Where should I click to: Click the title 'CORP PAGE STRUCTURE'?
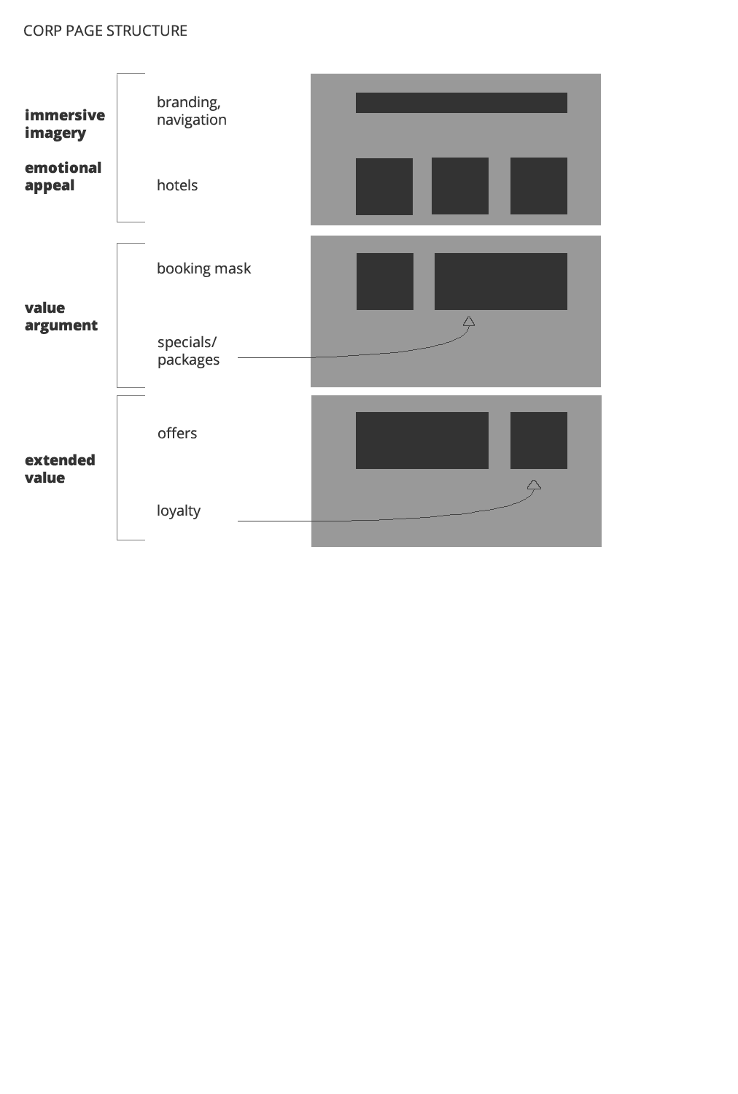pyautogui.click(x=105, y=31)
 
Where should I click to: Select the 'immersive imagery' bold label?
pyautogui.click(x=64, y=124)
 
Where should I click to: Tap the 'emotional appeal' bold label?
pyautogui.click(x=63, y=176)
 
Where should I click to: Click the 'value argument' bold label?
pyautogui.click(x=61, y=317)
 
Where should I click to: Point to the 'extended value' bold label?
pyautogui.click(x=60, y=469)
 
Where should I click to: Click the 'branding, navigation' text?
pyautogui.click(x=191, y=111)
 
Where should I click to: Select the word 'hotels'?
pyautogui.click(x=177, y=185)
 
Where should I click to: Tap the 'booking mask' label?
pyautogui.click(x=203, y=268)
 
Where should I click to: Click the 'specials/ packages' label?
pyautogui.click(x=188, y=351)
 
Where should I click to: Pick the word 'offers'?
pyautogui.click(x=177, y=433)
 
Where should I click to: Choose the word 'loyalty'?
pyautogui.click(x=179, y=511)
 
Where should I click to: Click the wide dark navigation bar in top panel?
pyautogui.click(x=461, y=103)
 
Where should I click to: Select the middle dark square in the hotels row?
pyautogui.click(x=459, y=186)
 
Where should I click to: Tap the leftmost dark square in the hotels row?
pyautogui.click(x=384, y=187)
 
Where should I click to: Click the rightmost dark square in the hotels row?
pyautogui.click(x=538, y=186)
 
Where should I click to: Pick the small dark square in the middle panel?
pyautogui.click(x=384, y=282)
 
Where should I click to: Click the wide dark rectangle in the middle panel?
pyautogui.click(x=500, y=282)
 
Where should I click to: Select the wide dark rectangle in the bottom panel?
pyautogui.click(x=422, y=441)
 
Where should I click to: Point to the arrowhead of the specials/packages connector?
pyautogui.click(x=469, y=321)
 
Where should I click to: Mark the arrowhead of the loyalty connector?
pyautogui.click(x=534, y=484)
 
